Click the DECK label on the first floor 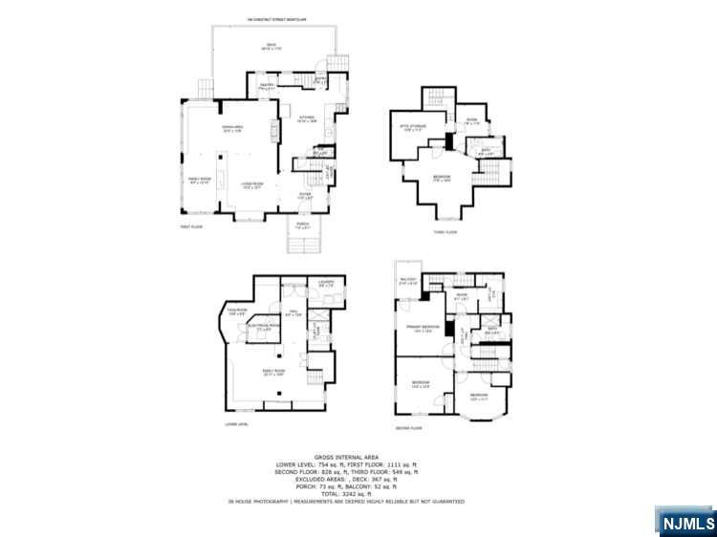pos(271,46)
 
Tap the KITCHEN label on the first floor pos(306,118)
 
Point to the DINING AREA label pos(232,128)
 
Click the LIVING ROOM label pos(252,185)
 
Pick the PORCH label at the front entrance pos(302,225)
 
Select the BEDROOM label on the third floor pos(442,177)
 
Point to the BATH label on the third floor pos(486,149)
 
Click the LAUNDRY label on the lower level pos(326,283)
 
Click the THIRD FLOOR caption pos(445,232)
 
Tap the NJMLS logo pos(685,523)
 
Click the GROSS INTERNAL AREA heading pos(357,458)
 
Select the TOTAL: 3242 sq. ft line pos(357,492)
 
